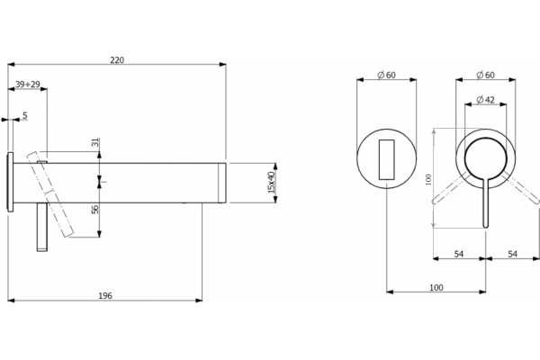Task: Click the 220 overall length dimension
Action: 117,60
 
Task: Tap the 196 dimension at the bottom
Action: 105,295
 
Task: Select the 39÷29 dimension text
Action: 28,84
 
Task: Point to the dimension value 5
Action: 25,115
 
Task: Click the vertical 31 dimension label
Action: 95,142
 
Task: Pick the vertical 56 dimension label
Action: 95,209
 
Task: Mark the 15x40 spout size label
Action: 272,182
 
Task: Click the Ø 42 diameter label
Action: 486,100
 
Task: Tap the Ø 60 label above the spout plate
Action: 386,75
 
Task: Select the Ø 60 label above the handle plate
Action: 485,75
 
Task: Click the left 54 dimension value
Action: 459,254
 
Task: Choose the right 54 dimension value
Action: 513,254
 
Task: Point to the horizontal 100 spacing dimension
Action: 436,287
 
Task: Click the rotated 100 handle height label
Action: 428,179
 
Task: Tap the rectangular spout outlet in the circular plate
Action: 387,159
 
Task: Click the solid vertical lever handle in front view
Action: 486,202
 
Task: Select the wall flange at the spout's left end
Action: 10,182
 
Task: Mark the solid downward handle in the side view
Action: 42,227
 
